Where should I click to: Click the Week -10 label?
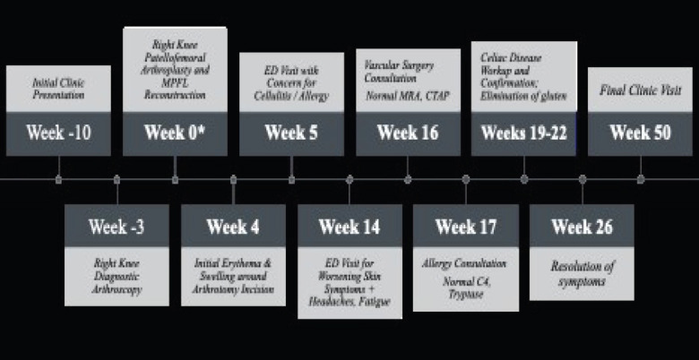coord(58,133)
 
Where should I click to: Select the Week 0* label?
coord(175,133)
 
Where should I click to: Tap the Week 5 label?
coord(291,133)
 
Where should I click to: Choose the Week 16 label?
coord(408,133)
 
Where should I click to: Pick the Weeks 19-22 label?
coord(523,133)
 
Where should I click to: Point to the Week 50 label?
coord(641,133)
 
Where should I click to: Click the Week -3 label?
coord(116,227)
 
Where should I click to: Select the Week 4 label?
coord(233,227)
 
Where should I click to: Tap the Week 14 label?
coord(349,227)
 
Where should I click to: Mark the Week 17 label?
coord(466,227)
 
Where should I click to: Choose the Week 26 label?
coord(582,227)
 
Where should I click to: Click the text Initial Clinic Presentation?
coord(58,88)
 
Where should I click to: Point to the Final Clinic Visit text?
coord(641,90)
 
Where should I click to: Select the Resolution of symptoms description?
coord(582,273)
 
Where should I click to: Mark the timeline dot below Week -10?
coord(58,179)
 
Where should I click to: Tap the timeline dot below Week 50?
coord(641,179)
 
